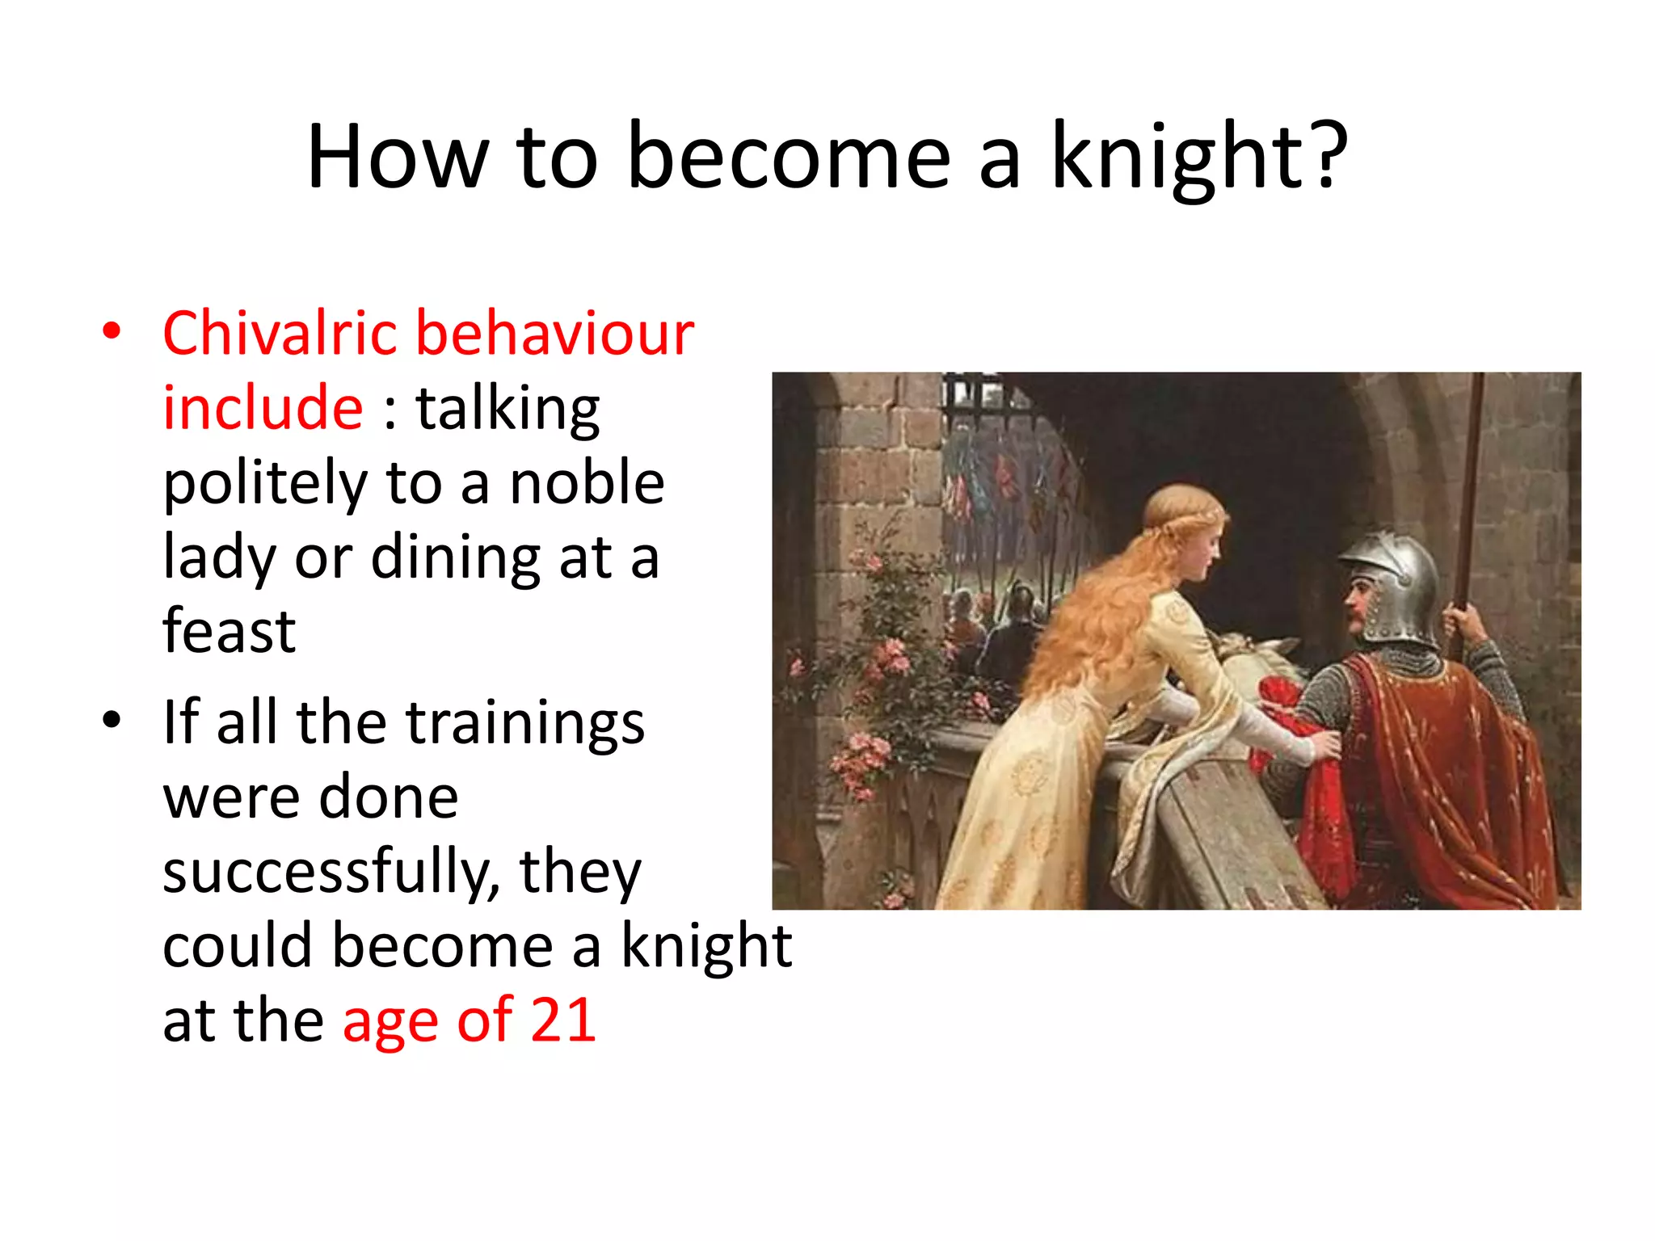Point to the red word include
coord(263,407)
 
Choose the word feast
coord(229,631)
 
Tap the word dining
coord(456,557)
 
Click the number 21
coord(564,1020)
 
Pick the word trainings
coord(524,721)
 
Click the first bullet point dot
coord(112,331)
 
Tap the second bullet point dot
coord(112,720)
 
